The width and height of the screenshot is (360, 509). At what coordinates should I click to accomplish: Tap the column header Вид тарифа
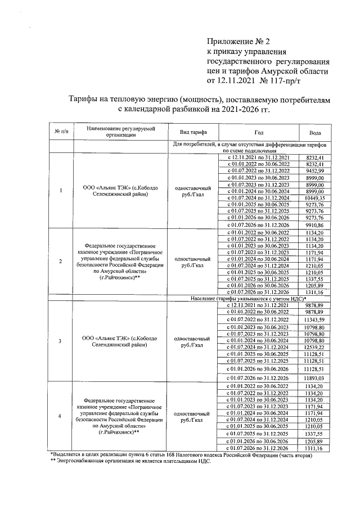(193, 132)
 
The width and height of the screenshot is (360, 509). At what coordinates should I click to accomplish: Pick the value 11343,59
(316, 319)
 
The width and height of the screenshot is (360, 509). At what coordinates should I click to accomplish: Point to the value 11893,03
(316, 377)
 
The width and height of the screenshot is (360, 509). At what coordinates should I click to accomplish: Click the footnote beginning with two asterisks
(130, 460)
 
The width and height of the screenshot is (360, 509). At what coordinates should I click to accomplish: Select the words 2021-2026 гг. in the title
(238, 109)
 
